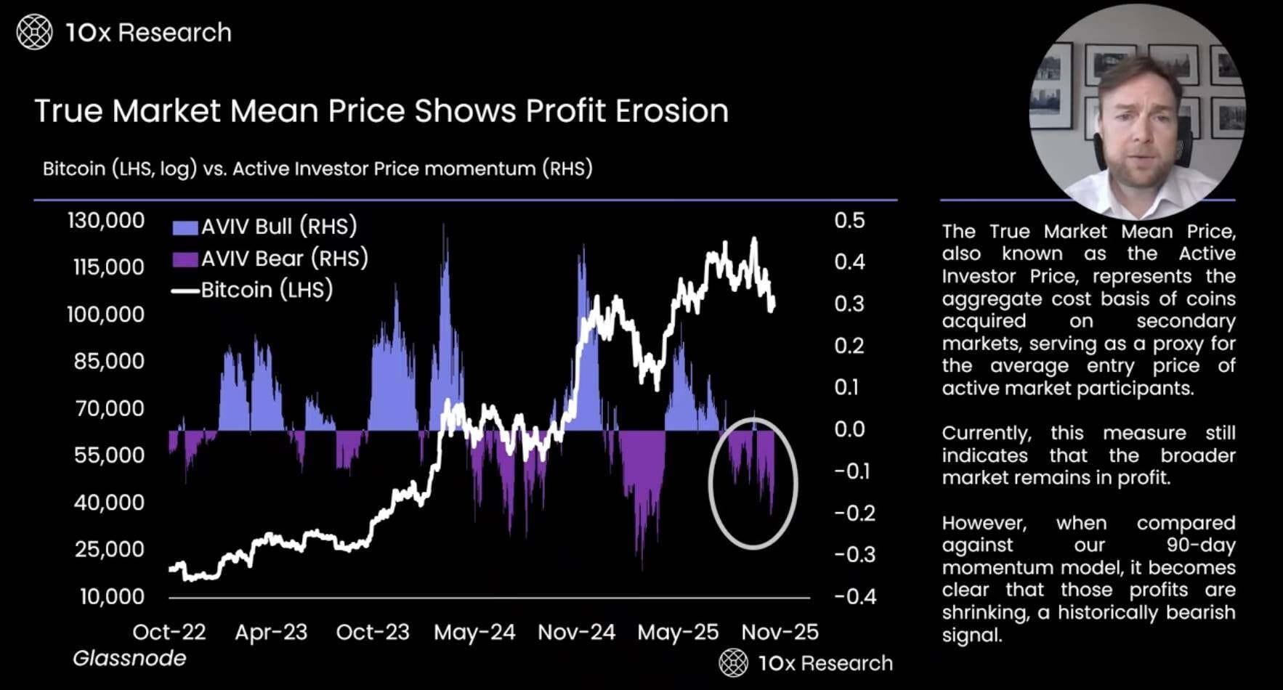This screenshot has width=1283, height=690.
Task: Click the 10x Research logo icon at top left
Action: [x=34, y=33]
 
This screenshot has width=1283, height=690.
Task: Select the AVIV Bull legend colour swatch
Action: [x=185, y=227]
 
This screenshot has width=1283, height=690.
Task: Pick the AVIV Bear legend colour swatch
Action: [x=185, y=259]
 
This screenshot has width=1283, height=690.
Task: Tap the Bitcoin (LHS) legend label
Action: [x=267, y=290]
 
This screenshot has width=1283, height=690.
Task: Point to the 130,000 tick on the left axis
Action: [x=106, y=220]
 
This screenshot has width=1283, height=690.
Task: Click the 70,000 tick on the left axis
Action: [x=109, y=408]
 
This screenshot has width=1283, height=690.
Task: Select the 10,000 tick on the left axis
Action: [x=112, y=596]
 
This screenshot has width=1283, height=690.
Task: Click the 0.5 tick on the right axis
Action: [x=849, y=220]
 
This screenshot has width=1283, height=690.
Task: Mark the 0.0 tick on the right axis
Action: [x=849, y=429]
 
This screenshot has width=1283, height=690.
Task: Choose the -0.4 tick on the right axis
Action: [x=855, y=596]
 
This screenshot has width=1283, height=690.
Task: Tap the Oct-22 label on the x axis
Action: [x=169, y=632]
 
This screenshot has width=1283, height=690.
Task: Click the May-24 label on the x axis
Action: [x=474, y=632]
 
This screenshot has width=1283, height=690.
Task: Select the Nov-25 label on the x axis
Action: [x=780, y=632]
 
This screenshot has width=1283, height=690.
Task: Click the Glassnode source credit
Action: [x=129, y=658]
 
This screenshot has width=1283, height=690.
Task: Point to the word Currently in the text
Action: [x=986, y=434]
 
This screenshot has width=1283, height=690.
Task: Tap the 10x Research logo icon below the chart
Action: [x=733, y=663]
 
